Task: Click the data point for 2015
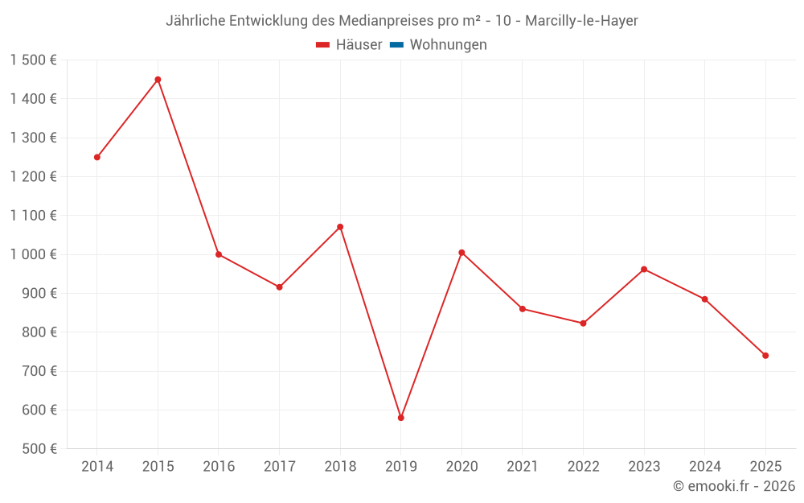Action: click(158, 80)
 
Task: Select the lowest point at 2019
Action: click(400, 418)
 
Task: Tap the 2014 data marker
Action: click(97, 157)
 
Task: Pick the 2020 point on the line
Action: click(461, 253)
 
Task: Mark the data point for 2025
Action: click(765, 356)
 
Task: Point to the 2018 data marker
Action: click(340, 227)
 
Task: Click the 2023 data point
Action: click(644, 269)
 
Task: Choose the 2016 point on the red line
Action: click(219, 254)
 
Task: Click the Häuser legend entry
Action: click(349, 45)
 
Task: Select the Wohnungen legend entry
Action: click(448, 45)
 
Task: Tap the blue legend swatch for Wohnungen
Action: click(396, 45)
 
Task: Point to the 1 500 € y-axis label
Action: click(34, 60)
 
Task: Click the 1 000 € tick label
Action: click(34, 254)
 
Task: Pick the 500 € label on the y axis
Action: click(39, 449)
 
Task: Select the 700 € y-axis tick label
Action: click(39, 371)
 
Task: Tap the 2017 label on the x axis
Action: click(279, 467)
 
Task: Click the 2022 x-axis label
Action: click(583, 467)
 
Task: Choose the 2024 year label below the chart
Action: click(704, 467)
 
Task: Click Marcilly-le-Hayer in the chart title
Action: click(581, 21)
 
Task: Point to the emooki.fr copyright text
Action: click(733, 486)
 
